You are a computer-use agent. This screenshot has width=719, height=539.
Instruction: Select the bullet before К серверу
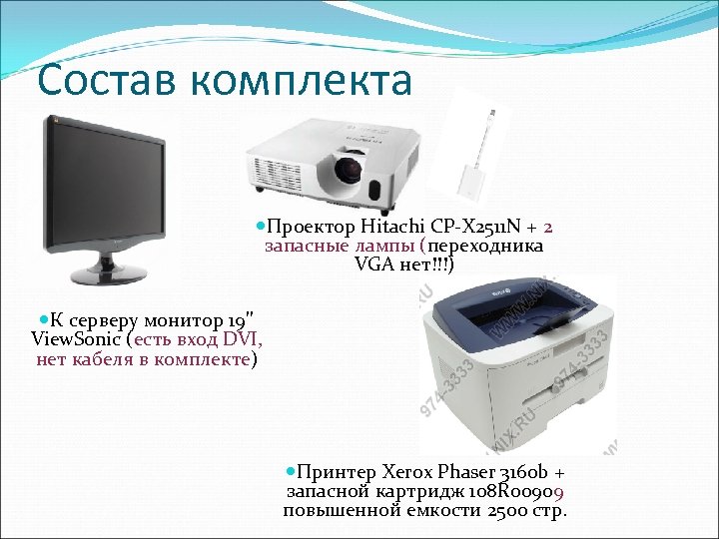(43, 319)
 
